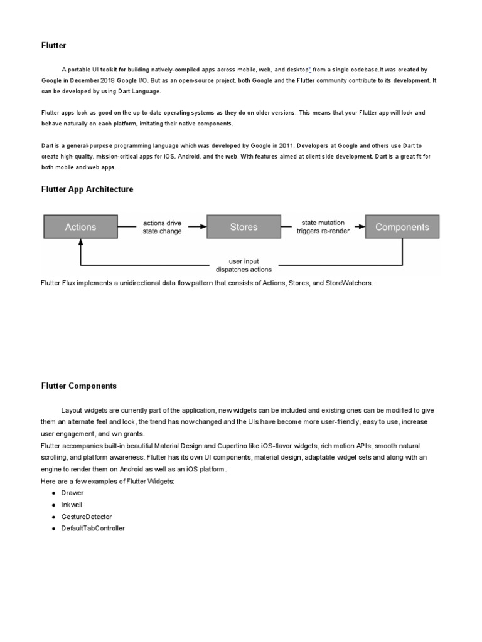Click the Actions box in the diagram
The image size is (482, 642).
tap(80, 227)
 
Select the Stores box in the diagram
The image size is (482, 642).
tap(244, 227)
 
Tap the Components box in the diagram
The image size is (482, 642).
tap(402, 227)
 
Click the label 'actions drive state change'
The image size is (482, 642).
tap(162, 227)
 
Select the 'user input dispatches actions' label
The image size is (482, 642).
tap(244, 265)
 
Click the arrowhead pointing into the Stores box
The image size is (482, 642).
tap(203, 227)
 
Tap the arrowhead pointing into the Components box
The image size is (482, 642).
tap(361, 227)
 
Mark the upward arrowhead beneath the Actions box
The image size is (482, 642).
tap(80, 243)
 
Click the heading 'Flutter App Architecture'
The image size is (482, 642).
tap(87, 189)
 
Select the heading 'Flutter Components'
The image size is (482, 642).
tap(79, 386)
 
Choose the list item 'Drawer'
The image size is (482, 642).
tap(72, 493)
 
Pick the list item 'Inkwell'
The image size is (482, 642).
tap(72, 505)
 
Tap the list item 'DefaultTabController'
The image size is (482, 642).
tap(93, 529)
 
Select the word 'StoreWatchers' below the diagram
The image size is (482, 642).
tap(350, 283)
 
